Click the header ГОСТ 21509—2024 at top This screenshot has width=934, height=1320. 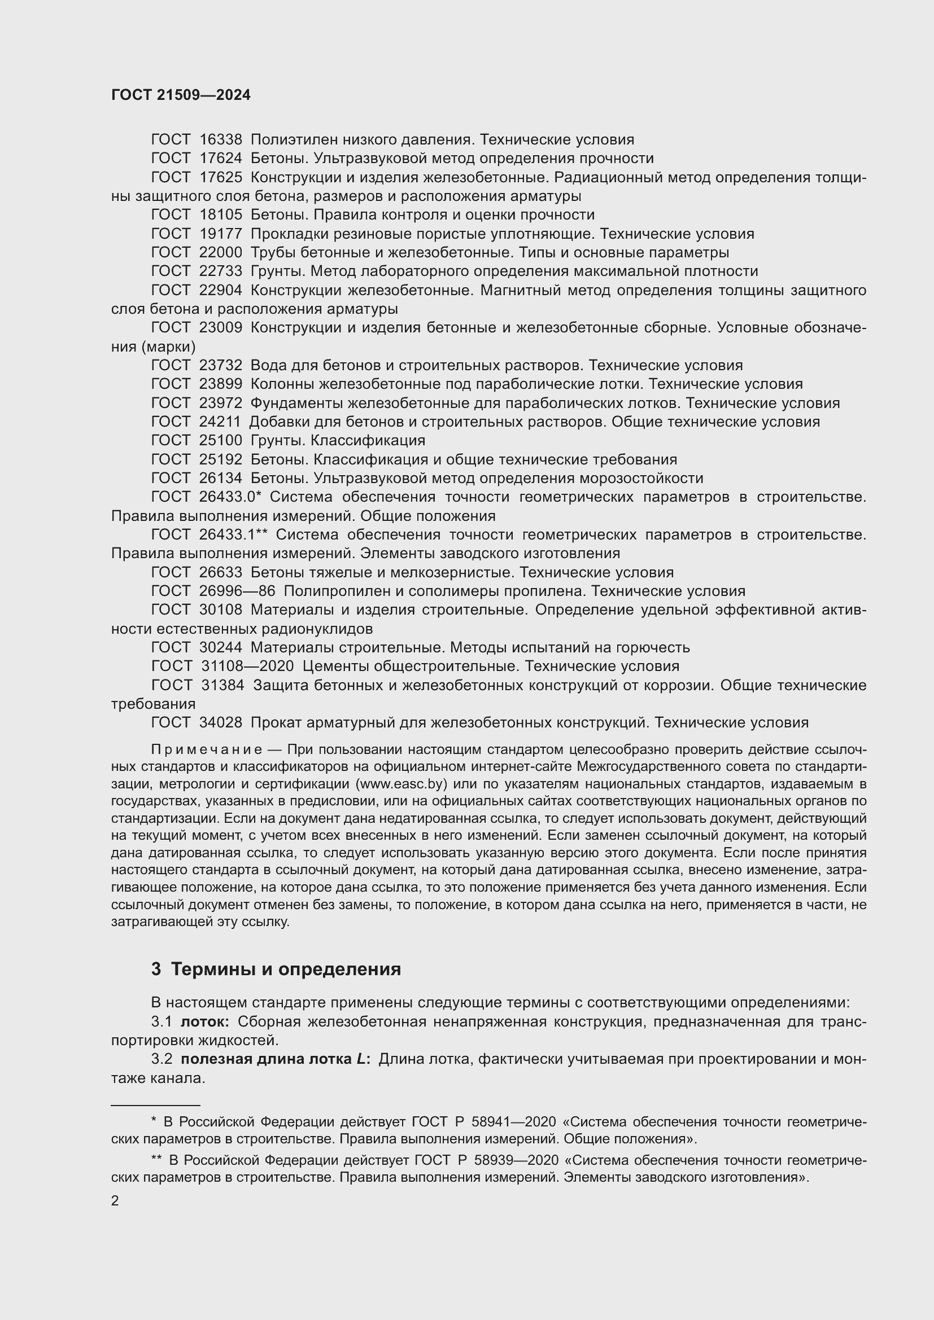[181, 95]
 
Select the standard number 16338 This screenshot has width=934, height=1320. [221, 140]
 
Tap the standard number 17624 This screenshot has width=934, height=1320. [221, 159]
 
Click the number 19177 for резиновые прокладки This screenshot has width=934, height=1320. [221, 234]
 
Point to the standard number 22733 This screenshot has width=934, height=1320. [221, 271]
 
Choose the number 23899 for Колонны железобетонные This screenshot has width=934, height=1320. [221, 384]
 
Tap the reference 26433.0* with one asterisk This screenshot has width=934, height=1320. [230, 497]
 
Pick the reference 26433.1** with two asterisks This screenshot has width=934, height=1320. [234, 534]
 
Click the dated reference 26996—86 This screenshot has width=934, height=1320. [237, 591]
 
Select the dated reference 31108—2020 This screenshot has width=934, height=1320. [247, 666]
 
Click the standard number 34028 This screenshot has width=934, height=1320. [221, 723]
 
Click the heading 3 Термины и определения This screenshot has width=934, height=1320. [276, 970]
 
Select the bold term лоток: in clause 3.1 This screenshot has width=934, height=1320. [206, 1021]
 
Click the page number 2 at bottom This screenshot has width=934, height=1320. [115, 1200]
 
